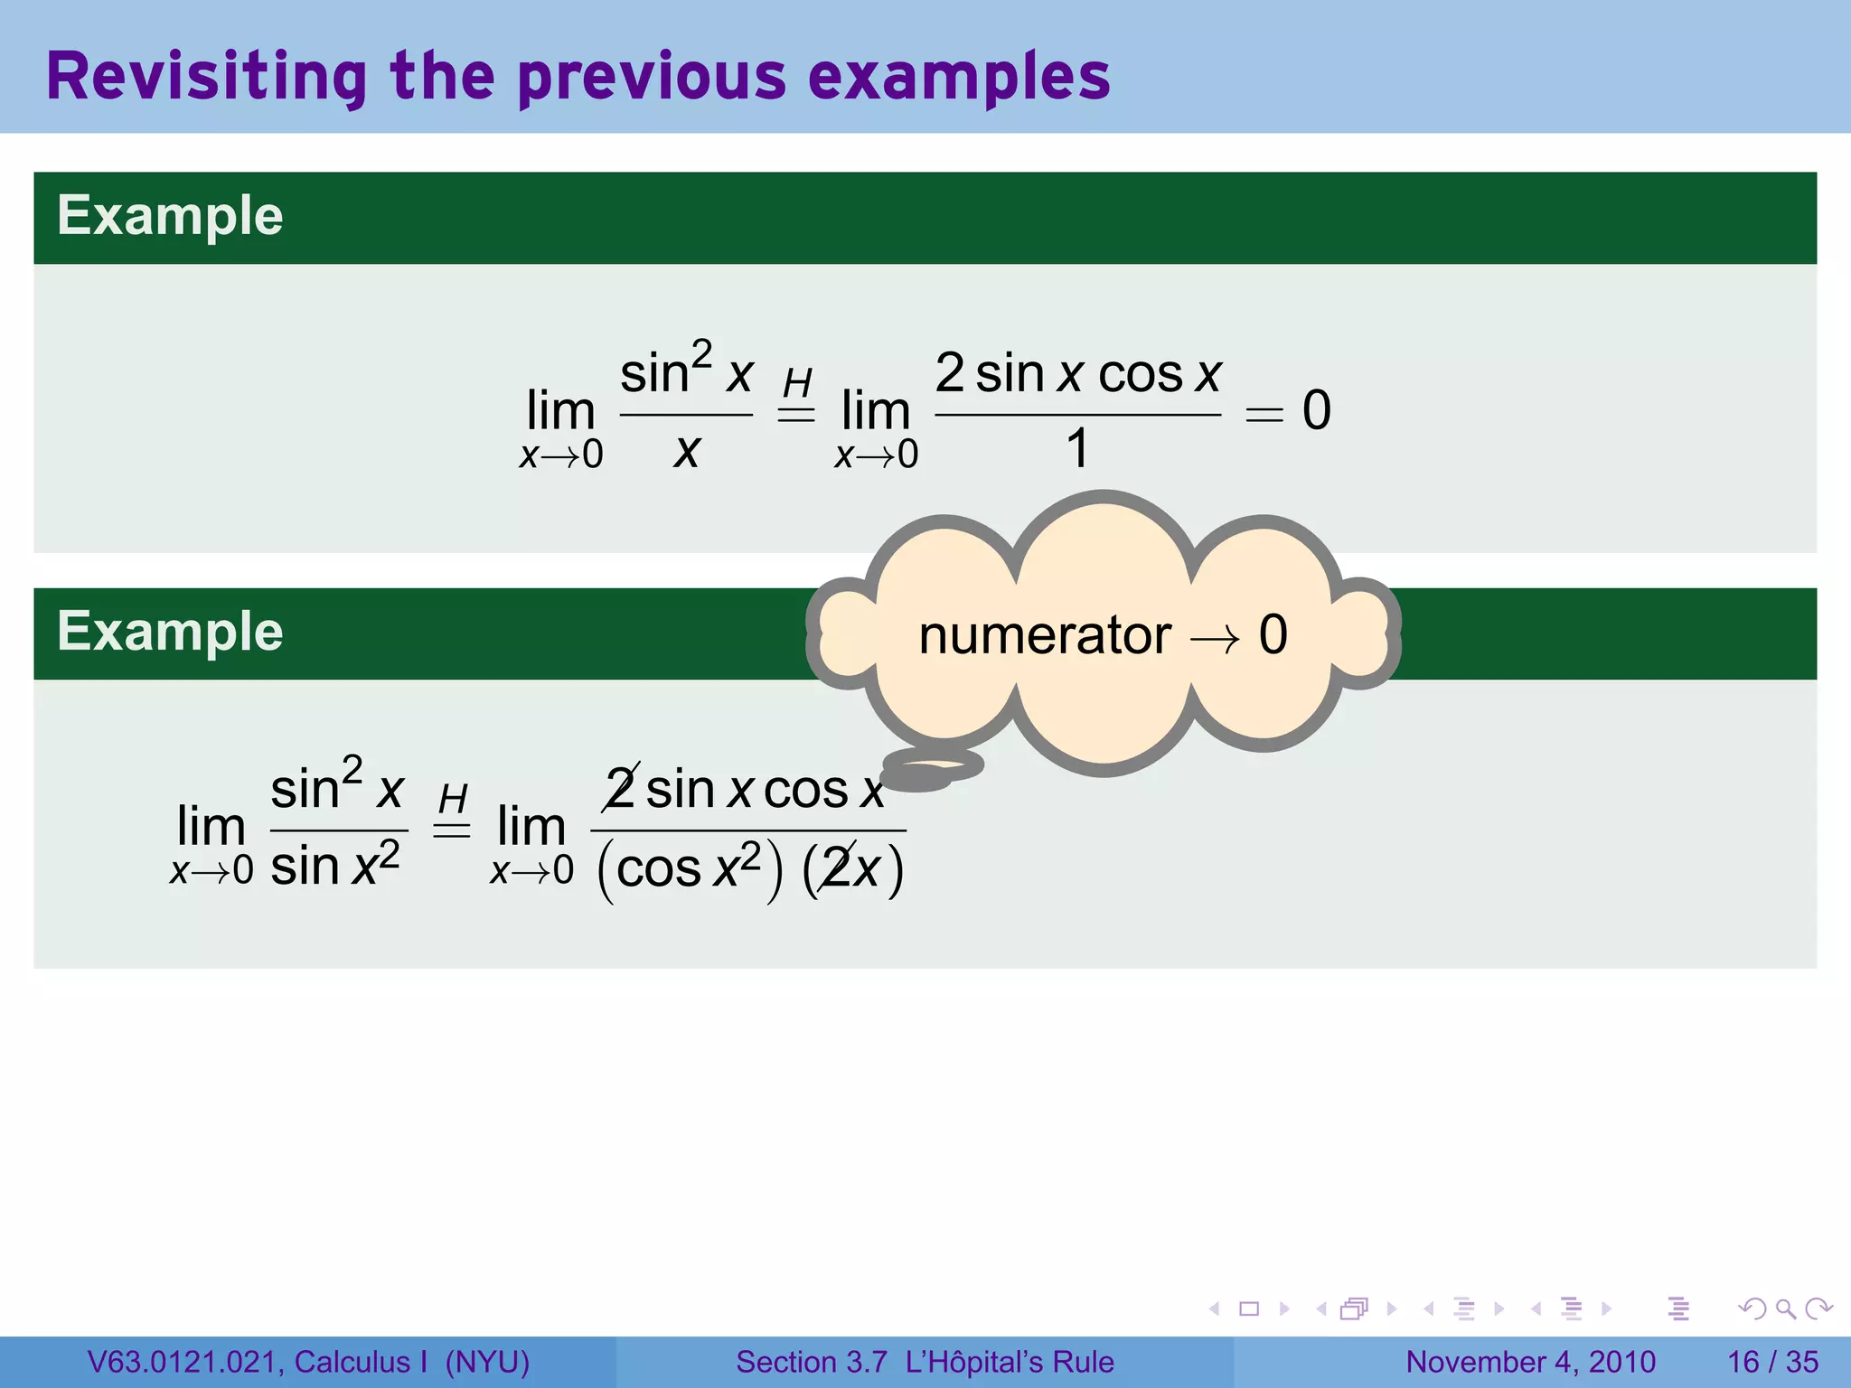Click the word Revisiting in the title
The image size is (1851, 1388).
[207, 77]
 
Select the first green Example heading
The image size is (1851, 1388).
[170, 216]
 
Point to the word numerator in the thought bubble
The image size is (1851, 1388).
[1044, 635]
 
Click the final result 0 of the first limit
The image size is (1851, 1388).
[1316, 410]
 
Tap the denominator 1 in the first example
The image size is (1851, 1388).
[1076, 448]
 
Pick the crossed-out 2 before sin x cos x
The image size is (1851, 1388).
[621, 789]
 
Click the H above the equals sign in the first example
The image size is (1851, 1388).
[797, 383]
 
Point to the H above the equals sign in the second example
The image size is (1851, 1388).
[453, 799]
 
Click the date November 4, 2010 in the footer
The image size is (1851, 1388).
[1530, 1362]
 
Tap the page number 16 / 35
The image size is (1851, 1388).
[1772, 1362]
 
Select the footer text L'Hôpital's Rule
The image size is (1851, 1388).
[1010, 1362]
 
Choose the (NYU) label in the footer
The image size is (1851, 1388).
[487, 1362]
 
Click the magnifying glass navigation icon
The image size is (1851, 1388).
[1785, 1308]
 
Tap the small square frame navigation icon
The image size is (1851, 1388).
[1249, 1308]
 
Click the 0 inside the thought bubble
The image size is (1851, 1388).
[1273, 635]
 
